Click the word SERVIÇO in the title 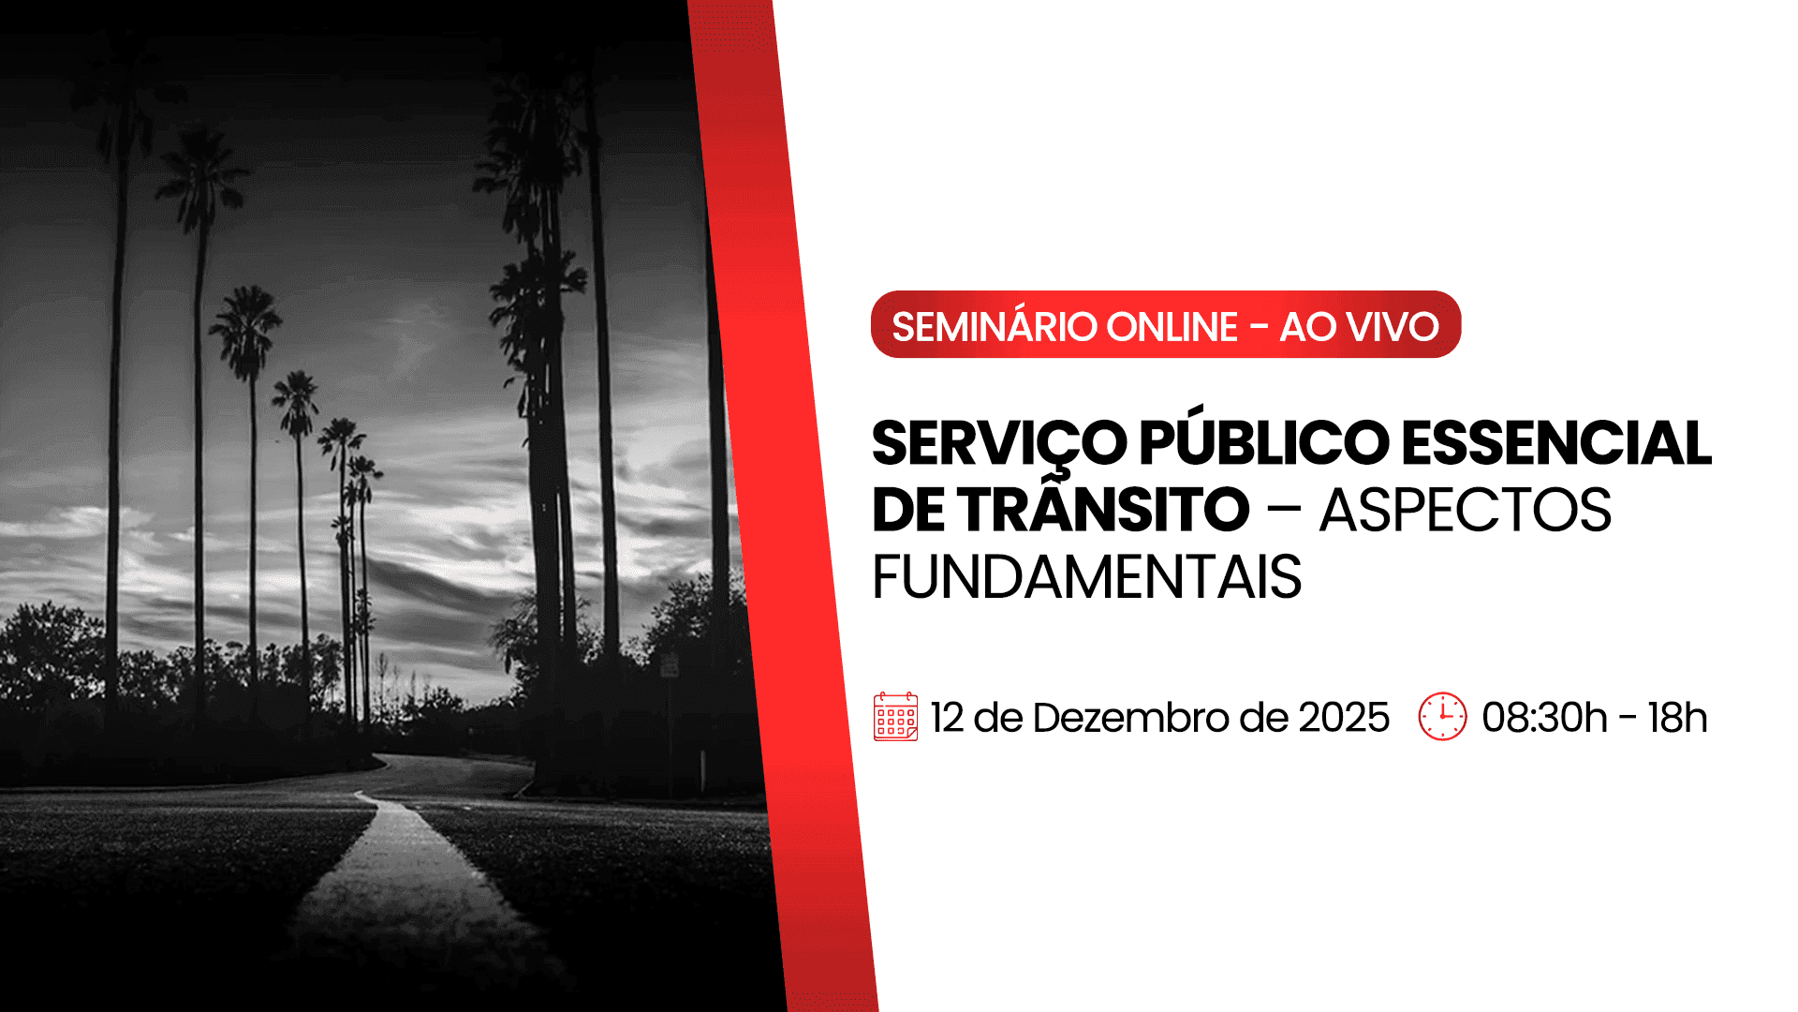coord(999,443)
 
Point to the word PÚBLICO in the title coord(1264,443)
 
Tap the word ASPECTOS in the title coord(1466,511)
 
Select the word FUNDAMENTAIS coord(1086,577)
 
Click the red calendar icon coord(895,718)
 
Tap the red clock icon coord(1442,717)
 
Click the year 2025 coord(1344,718)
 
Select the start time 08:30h coord(1544,718)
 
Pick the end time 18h coord(1677,718)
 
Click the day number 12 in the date coord(947,718)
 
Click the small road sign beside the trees coord(670,666)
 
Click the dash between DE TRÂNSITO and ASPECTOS coord(1284,512)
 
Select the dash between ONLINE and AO coord(1259,328)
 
